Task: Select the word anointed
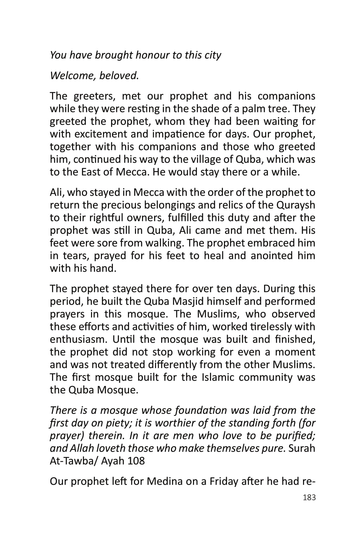coord(272,256)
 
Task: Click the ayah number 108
coord(136,461)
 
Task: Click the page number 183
coord(309,498)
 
